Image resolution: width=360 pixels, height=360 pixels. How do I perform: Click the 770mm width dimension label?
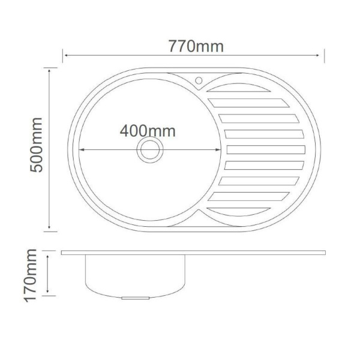tap(196, 46)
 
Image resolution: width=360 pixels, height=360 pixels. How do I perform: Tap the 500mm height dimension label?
tap(36, 145)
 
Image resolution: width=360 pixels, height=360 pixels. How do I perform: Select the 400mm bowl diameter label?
tap(148, 131)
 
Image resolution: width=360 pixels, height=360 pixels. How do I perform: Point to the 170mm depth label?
tap(31, 275)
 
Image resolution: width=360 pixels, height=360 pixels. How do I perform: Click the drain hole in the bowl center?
tap(150, 150)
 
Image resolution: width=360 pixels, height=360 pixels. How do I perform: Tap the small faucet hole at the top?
tap(199, 80)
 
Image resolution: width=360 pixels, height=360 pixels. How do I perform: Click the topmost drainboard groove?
tap(239, 88)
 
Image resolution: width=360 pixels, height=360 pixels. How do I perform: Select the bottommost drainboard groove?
tap(239, 211)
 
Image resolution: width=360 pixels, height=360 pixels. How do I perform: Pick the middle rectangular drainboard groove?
tap(266, 149)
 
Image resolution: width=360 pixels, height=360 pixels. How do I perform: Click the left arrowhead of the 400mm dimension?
tap(81, 150)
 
